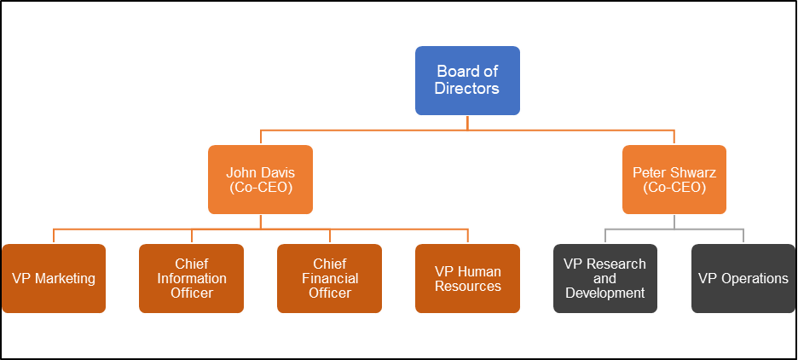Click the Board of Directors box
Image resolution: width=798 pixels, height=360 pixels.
pyautogui.click(x=467, y=80)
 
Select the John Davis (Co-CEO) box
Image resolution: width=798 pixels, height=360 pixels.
pyautogui.click(x=260, y=179)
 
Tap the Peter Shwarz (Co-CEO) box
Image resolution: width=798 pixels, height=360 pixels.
pyautogui.click(x=674, y=179)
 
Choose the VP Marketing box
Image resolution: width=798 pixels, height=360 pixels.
pyautogui.click(x=54, y=278)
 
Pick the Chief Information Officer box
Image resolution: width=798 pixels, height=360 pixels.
pyautogui.click(x=191, y=278)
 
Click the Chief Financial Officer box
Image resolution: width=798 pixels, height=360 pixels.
pyautogui.click(x=329, y=278)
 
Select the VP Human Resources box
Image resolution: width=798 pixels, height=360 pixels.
pyautogui.click(x=468, y=278)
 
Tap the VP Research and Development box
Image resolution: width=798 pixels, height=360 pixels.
pyautogui.click(x=605, y=278)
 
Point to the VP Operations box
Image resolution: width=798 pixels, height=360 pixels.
pyautogui.click(x=743, y=278)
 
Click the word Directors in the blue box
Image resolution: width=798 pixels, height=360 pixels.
pyautogui.click(x=467, y=89)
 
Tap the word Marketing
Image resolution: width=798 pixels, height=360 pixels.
pyautogui.click(x=65, y=278)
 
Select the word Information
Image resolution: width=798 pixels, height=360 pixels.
pyautogui.click(x=192, y=278)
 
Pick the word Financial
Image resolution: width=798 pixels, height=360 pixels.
pyautogui.click(x=330, y=278)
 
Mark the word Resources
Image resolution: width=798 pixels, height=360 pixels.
pyautogui.click(x=468, y=286)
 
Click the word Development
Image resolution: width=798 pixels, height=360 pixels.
pyautogui.click(x=605, y=293)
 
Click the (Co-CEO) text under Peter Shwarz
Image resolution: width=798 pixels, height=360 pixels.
pyautogui.click(x=674, y=188)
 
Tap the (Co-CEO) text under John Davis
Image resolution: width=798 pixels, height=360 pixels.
pyautogui.click(x=261, y=188)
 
